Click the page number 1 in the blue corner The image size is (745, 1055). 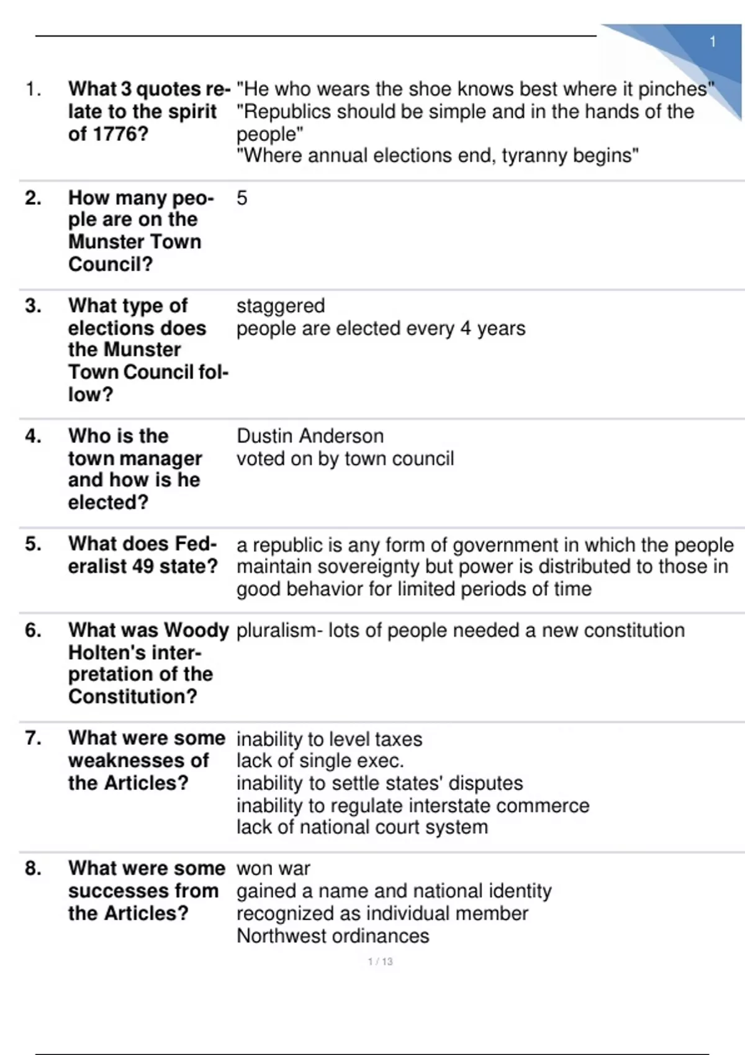point(713,42)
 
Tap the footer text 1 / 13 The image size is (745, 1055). point(380,961)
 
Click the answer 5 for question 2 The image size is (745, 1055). point(242,198)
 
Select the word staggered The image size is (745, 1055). point(281,306)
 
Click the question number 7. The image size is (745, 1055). point(33,738)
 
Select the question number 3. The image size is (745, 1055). point(33,306)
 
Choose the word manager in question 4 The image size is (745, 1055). point(169,459)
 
